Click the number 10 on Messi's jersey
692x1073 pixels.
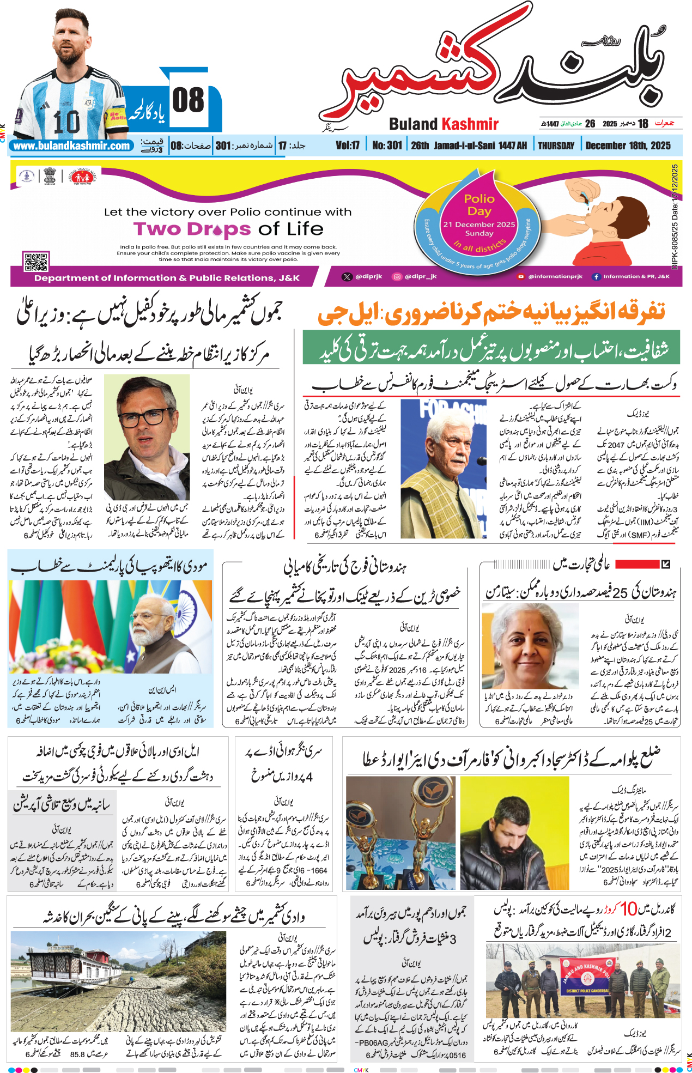pyautogui.click(x=66, y=121)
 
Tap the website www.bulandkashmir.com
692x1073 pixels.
pyautogui.click(x=71, y=146)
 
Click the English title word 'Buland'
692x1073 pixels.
pyautogui.click(x=413, y=124)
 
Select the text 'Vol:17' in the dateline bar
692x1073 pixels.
pyautogui.click(x=348, y=146)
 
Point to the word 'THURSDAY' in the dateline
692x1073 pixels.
pyautogui.click(x=556, y=146)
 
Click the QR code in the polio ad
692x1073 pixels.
pyautogui.click(x=36, y=262)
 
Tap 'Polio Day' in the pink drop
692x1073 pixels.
pyautogui.click(x=479, y=205)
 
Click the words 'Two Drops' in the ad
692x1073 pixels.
pyautogui.click(x=192, y=229)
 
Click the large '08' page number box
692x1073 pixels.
pyautogui.click(x=189, y=101)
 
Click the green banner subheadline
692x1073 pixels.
pyautogui.click(x=491, y=348)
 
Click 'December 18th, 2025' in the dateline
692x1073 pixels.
pyautogui.click(x=628, y=146)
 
